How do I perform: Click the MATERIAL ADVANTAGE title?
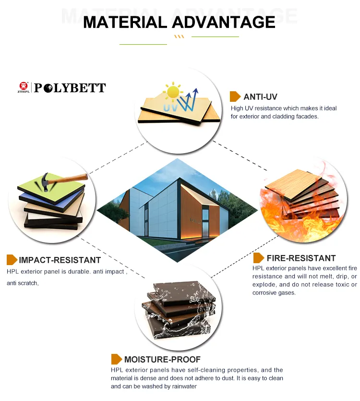click(179, 22)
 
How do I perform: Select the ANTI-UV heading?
click(260, 97)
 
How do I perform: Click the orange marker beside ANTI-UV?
click(235, 97)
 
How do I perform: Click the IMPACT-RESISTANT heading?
click(60, 260)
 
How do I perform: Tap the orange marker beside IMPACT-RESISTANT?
click(12, 260)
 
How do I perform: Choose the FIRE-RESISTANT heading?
click(301, 258)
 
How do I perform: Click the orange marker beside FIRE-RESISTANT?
click(259, 258)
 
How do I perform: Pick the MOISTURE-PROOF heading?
click(162, 359)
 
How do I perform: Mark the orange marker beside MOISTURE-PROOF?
click(117, 359)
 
